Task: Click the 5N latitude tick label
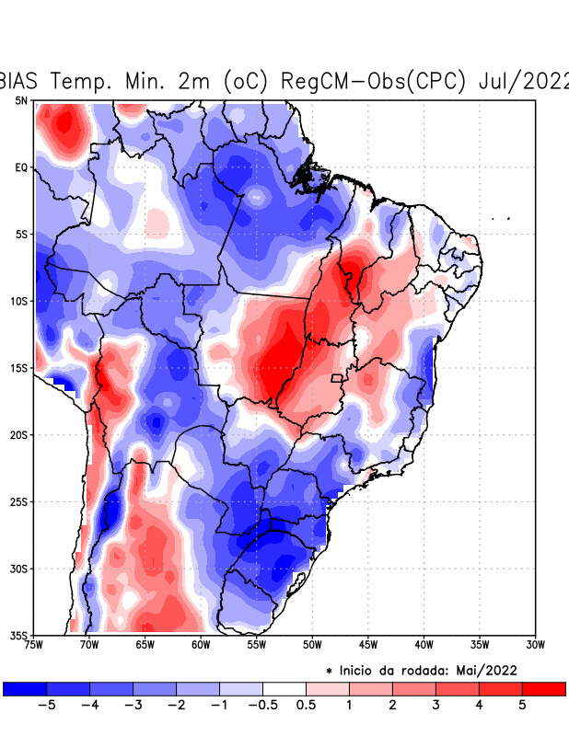point(21,100)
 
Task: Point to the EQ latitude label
point(21,167)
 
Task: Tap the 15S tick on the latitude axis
point(19,368)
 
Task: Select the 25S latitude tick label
point(19,501)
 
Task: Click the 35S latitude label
point(19,636)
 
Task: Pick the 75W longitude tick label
point(34,645)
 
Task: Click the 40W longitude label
point(424,645)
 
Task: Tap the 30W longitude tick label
point(535,645)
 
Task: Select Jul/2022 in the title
point(524,80)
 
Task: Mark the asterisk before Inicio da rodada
point(329,671)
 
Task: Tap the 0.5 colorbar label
point(306,705)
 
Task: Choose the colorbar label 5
point(523,705)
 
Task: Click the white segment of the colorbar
point(284,688)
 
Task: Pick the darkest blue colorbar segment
point(25,688)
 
